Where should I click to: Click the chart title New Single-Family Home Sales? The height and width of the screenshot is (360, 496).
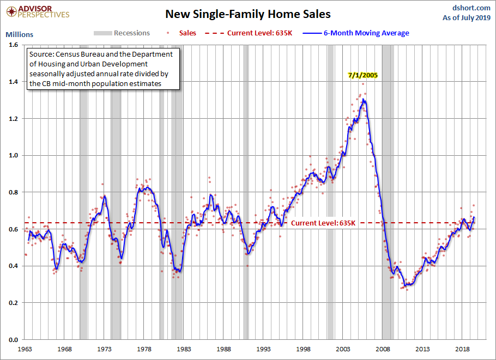tap(247, 14)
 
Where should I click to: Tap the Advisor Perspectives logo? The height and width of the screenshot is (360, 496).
tap(38, 12)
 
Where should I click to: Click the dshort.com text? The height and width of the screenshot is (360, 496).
tap(471, 8)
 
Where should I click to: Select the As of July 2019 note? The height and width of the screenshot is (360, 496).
tap(467, 17)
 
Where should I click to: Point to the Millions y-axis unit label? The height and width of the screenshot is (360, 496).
tap(19, 34)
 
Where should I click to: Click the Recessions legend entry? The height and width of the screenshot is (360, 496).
tap(122, 33)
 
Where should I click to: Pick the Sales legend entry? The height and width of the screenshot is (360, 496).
tap(182, 33)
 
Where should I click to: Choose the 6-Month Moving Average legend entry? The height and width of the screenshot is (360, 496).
tap(356, 33)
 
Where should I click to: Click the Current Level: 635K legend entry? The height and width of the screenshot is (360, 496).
tap(249, 33)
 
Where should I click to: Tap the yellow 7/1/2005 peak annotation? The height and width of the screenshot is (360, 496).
tap(363, 75)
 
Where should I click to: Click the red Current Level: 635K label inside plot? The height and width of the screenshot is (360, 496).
tap(323, 223)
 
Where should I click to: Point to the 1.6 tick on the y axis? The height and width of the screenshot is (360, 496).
tap(13, 45)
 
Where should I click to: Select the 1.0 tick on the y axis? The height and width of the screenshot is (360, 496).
tap(13, 155)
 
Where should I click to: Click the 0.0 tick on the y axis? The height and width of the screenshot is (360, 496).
tap(13, 340)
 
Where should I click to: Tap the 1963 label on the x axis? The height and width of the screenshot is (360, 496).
tap(25, 349)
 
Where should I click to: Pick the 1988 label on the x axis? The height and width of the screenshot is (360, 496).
tap(223, 349)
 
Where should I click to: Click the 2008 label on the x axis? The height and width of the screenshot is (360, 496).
tap(383, 349)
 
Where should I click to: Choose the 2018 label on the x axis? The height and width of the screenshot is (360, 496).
tap(462, 349)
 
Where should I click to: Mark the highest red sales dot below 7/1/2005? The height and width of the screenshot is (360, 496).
tap(363, 84)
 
